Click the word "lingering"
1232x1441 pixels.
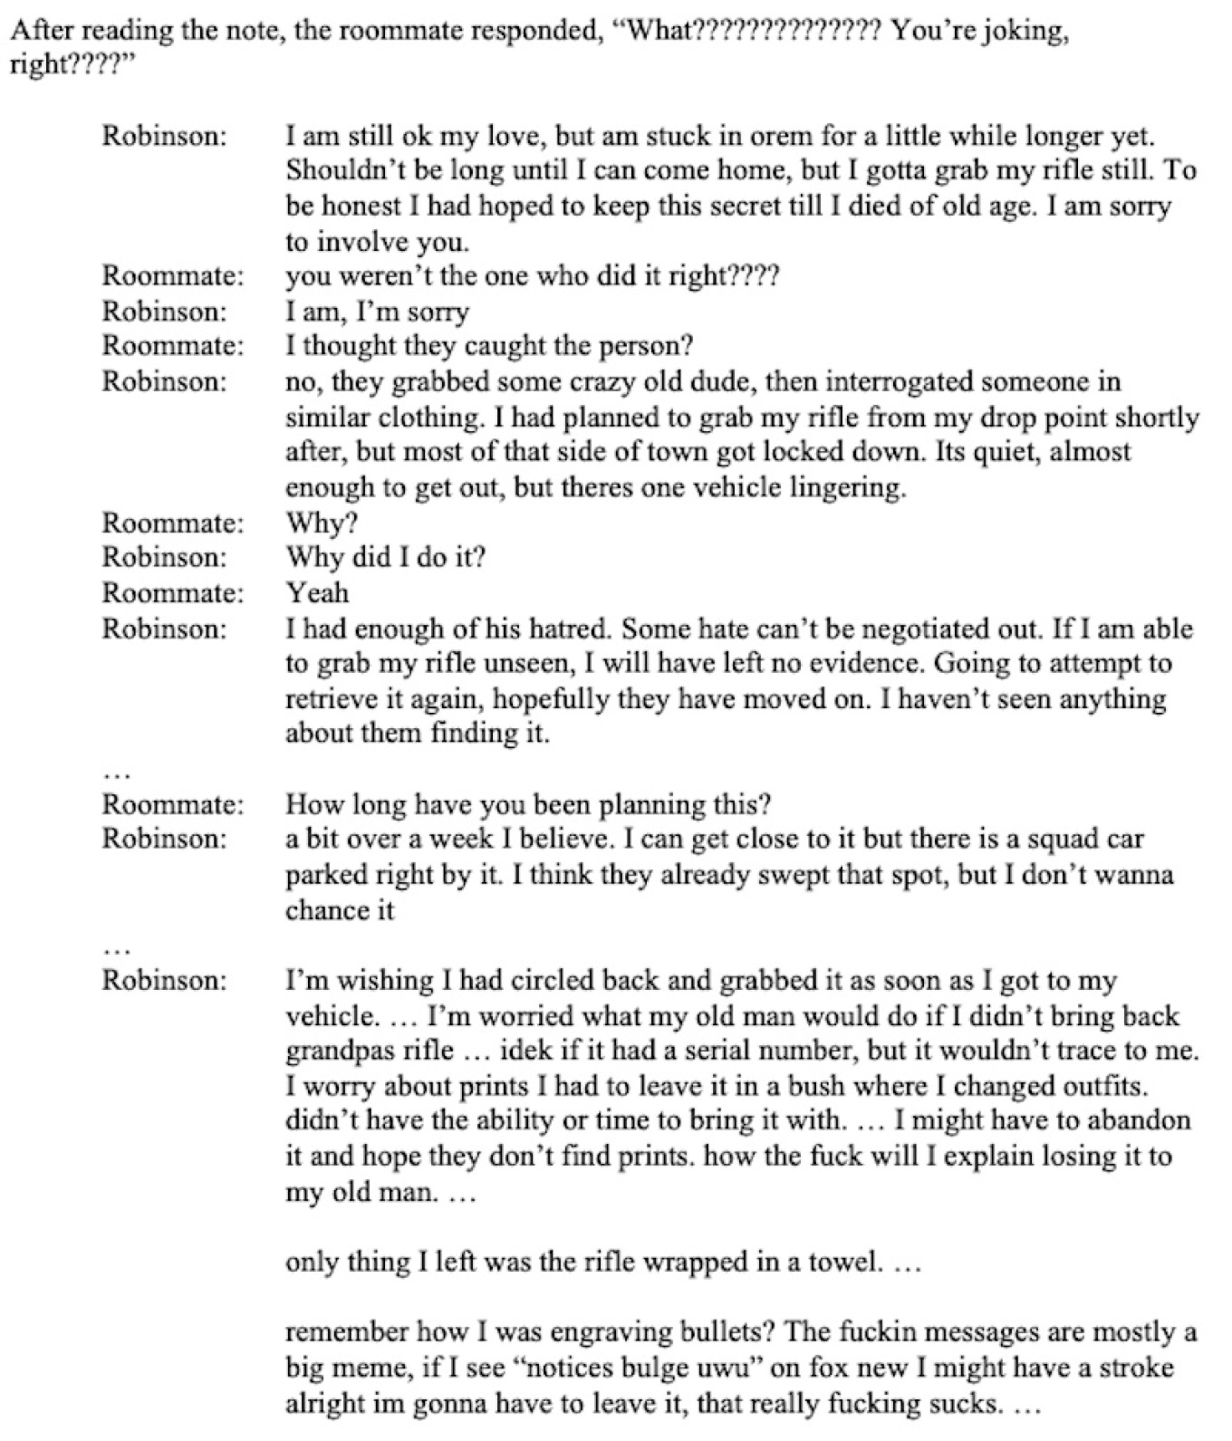847,487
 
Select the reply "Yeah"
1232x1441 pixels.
317,592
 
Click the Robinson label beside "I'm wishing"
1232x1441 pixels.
163,981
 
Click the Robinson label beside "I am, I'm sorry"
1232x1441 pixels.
163,312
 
